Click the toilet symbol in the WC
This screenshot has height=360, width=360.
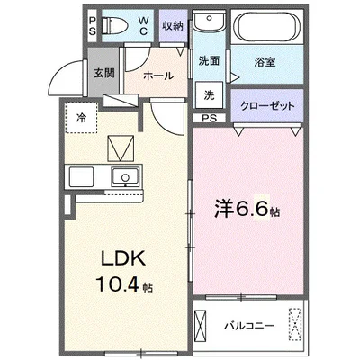pos(115,25)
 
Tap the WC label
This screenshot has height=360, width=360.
pos(143,25)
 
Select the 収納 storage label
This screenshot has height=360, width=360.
pos(173,26)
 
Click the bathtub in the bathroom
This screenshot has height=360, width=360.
pos(267,26)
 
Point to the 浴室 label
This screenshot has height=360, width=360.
pos(265,62)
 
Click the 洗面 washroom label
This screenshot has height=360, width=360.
pos(209,61)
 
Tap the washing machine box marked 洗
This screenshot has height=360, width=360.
pos(209,94)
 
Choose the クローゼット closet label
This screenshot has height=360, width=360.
pos(268,106)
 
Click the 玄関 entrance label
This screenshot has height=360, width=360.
pos(104,73)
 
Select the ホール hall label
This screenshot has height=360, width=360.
pos(158,76)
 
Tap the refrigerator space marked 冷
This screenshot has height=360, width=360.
pos(81,117)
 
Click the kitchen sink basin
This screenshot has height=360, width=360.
pos(125,177)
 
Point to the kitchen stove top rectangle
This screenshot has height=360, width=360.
pos(81,177)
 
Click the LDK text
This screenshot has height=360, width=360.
pos(123,258)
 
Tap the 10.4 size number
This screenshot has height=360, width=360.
pos(117,284)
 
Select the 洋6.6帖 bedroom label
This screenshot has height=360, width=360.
pos(247,209)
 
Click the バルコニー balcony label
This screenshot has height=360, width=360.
pos(249,326)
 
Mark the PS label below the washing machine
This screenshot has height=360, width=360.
pos(209,118)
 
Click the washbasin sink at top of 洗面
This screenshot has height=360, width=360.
pos(209,21)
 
